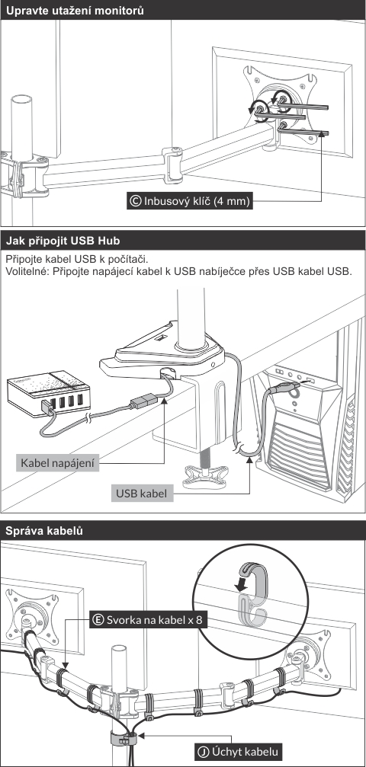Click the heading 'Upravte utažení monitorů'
pyautogui.click(x=75, y=10)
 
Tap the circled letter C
pyautogui.click(x=136, y=200)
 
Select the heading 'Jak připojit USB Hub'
pyautogui.click(x=63, y=241)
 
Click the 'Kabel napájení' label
pyautogui.click(x=57, y=462)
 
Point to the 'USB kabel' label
pyautogui.click(x=142, y=493)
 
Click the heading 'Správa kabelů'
pyautogui.click(x=44, y=531)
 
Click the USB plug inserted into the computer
pyautogui.click(x=287, y=389)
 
